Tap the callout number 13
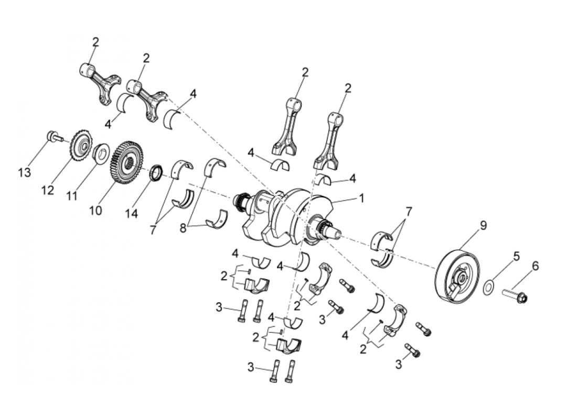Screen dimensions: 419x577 (x=25, y=173)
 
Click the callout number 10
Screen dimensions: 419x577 (x=95, y=210)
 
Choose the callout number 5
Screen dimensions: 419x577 (x=516, y=257)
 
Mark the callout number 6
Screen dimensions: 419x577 (x=535, y=267)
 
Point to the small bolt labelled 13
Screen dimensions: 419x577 (x=52, y=137)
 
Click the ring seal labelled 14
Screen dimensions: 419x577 (x=156, y=172)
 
